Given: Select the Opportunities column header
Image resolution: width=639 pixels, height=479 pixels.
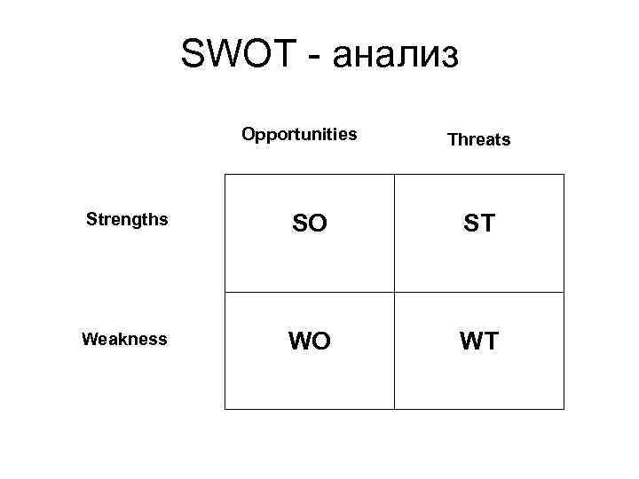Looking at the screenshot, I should tap(299, 135).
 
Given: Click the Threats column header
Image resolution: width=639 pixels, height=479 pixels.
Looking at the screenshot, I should tap(478, 139).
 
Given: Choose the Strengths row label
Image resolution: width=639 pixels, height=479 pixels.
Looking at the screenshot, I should tap(127, 219).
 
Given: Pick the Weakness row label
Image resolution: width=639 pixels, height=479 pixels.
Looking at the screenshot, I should tap(124, 339).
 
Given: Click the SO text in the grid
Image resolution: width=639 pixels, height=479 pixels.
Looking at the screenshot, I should tap(309, 224).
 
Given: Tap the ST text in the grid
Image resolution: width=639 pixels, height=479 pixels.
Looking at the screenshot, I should tap(479, 224).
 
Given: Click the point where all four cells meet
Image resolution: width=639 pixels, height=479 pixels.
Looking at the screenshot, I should tap(394, 292).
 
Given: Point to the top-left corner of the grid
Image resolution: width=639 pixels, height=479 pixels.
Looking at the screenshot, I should tap(225, 175).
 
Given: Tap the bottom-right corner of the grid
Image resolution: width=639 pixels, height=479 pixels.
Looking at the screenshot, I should tap(564, 409).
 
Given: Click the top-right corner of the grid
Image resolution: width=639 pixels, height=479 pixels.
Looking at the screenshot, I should tap(564, 175).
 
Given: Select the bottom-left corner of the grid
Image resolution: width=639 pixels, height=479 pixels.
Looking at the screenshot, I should tap(225, 409).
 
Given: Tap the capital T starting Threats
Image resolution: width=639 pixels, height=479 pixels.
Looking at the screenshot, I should tap(453, 139).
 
